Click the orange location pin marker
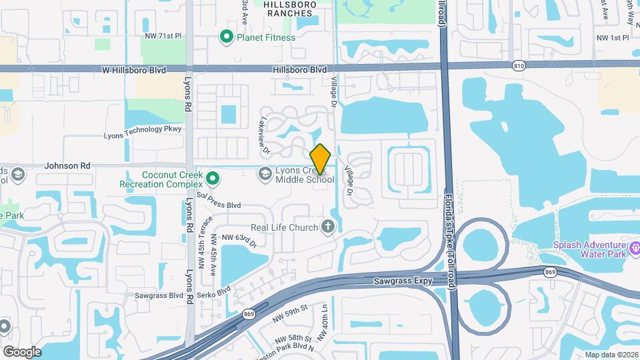pyautogui.click(x=321, y=159)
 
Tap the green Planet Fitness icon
pyautogui.click(x=226, y=37)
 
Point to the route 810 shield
pyautogui.click(x=519, y=65)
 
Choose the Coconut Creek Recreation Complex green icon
pyautogui.click(x=213, y=177)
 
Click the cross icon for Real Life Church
pyautogui.click(x=327, y=227)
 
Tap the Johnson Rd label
pyautogui.click(x=67, y=165)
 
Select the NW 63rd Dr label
pyautogui.click(x=239, y=238)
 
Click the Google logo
pyautogui.click(x=22, y=352)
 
